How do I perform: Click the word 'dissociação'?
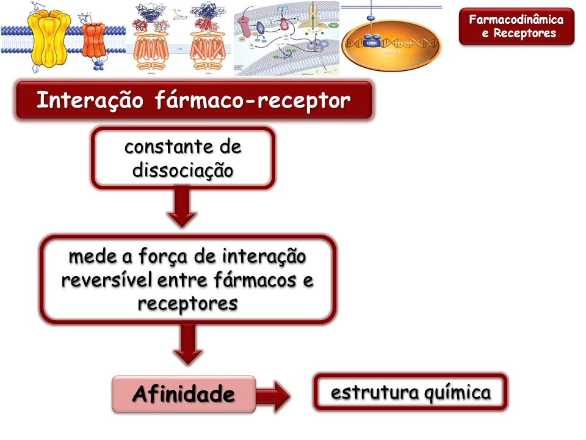click(x=183, y=170)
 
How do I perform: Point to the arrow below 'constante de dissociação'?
click(x=182, y=208)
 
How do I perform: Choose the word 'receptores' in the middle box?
click(x=187, y=302)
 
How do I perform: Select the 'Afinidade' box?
click(x=183, y=394)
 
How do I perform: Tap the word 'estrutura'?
click(x=366, y=392)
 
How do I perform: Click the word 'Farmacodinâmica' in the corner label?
click(x=516, y=20)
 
